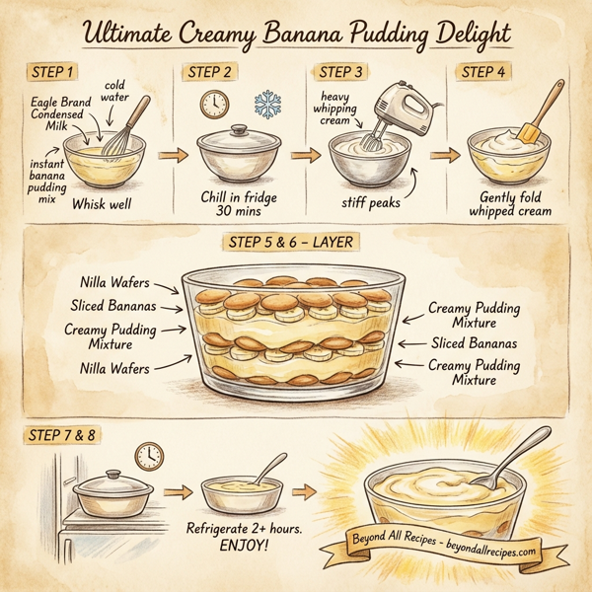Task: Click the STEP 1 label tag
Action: (50, 72)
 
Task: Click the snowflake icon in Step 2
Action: (267, 105)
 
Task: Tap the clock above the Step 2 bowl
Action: (214, 106)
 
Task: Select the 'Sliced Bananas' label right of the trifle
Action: (475, 343)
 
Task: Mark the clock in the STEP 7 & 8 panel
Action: (149, 455)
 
